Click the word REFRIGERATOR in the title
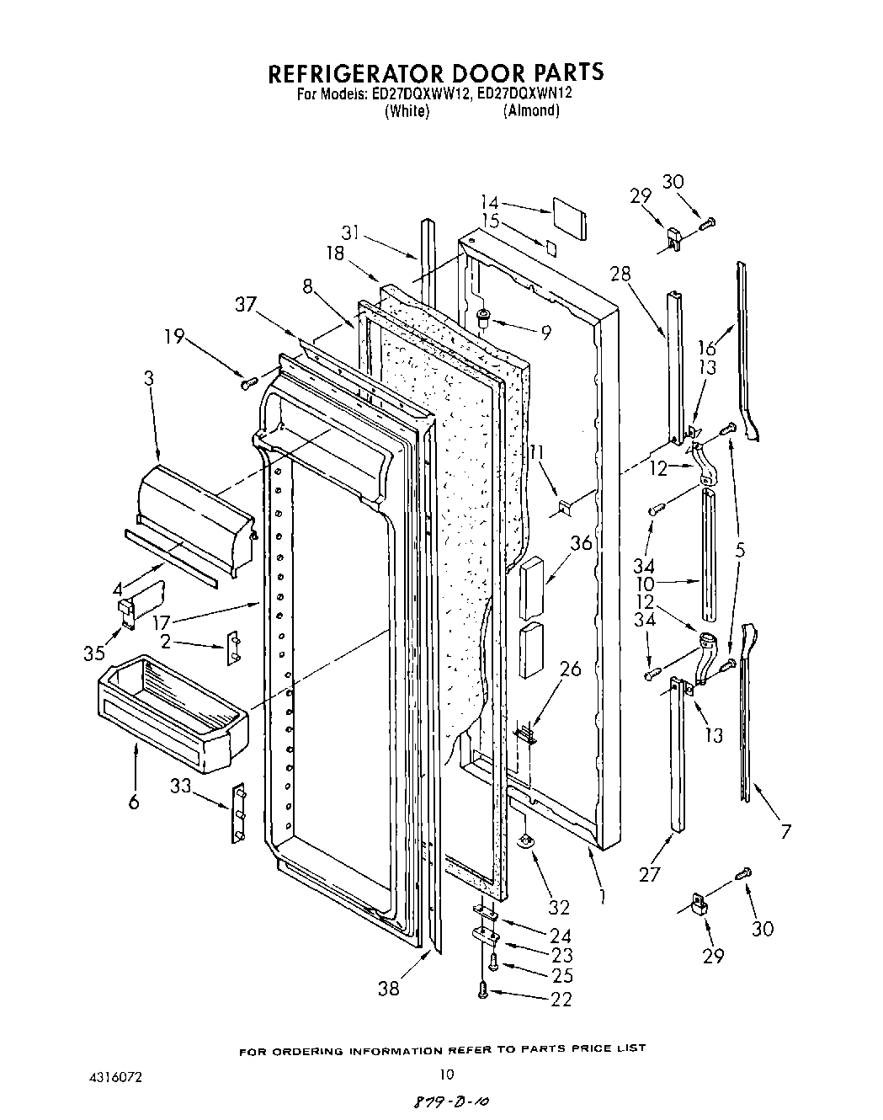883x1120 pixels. click(x=354, y=72)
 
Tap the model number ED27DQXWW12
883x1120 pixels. click(x=418, y=94)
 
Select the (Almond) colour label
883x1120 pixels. click(x=531, y=111)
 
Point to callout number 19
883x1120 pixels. click(x=175, y=337)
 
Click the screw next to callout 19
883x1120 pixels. click(x=248, y=383)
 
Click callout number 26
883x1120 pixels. click(x=570, y=669)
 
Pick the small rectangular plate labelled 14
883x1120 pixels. click(x=570, y=213)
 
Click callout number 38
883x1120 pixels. click(x=388, y=989)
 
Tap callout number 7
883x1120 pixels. click(x=785, y=832)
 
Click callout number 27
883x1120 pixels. click(x=649, y=873)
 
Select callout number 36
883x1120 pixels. click(x=580, y=544)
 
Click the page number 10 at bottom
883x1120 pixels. click(x=447, y=1073)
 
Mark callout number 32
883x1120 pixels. click(x=559, y=907)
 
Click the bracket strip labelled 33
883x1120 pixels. click(x=239, y=813)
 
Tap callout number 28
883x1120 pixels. click(x=620, y=274)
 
